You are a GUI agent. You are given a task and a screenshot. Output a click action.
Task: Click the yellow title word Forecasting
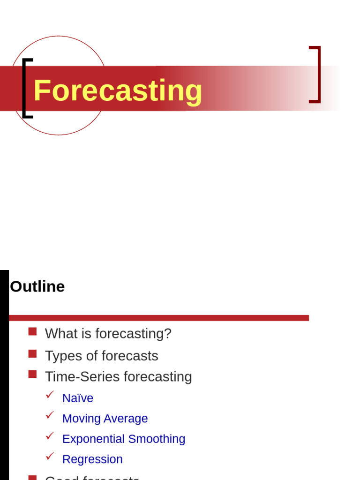click(118, 90)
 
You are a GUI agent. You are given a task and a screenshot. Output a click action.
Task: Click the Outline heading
click(37, 286)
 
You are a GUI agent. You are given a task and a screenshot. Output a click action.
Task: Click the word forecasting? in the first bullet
click(133, 334)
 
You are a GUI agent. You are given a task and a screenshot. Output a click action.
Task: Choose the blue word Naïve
click(78, 398)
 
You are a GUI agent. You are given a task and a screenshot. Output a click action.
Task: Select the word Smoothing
click(157, 439)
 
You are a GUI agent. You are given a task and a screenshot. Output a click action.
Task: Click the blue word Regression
click(92, 459)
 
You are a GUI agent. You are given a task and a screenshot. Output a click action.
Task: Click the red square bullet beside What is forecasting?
click(32, 332)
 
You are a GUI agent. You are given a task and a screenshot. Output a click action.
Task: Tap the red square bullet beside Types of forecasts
click(32, 353)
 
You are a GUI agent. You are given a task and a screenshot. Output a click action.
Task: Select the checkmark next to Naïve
click(50, 395)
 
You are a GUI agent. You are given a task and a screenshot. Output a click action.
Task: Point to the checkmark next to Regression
click(50, 456)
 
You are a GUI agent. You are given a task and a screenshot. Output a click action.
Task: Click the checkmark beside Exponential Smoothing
click(50, 435)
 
